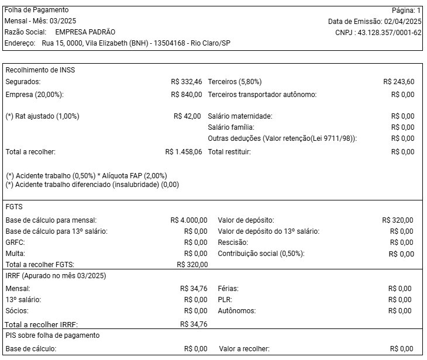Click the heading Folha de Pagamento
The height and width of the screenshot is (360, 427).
point(36,10)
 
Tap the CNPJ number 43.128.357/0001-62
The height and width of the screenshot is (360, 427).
point(390,32)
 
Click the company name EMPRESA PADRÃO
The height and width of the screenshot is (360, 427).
point(85,32)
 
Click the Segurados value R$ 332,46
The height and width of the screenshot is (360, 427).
point(187,82)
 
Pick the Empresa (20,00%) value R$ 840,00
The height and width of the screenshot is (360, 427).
point(187,94)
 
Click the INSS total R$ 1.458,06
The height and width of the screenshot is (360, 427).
point(184,152)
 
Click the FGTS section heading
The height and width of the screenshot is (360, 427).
point(14,207)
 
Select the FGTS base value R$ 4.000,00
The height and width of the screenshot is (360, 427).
point(188,220)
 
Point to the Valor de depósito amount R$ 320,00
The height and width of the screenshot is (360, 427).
point(397,220)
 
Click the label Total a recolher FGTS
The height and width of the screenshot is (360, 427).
point(44,265)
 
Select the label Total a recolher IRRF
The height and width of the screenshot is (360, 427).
point(42,324)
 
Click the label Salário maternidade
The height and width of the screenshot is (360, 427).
point(240,116)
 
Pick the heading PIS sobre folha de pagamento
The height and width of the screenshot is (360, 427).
point(52,335)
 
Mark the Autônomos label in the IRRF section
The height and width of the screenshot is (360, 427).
point(236,311)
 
